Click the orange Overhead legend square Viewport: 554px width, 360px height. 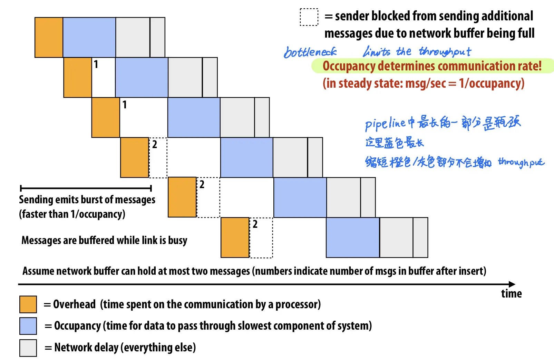pos(28,304)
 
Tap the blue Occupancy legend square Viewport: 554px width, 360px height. pos(28,326)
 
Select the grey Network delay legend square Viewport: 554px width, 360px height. pos(28,348)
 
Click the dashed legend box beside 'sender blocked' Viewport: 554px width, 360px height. pos(309,17)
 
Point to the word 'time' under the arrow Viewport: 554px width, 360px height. pos(511,294)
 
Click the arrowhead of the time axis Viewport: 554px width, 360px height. pos(512,284)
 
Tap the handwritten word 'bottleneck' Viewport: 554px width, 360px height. pos(310,52)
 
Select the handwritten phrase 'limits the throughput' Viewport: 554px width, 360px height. pos(417,52)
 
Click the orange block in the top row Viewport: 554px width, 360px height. pos(49,37)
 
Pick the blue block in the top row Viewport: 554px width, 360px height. pos(89,37)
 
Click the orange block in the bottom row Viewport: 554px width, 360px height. pos(235,237)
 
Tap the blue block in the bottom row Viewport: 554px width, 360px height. pos(353,237)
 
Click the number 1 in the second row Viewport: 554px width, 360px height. pos(96,64)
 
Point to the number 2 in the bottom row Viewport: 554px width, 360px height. pos(255,224)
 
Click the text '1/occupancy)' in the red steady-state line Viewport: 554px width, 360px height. pos(492,84)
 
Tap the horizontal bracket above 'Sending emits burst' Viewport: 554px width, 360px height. pos(86,188)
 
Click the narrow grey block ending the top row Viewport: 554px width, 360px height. pos(157,37)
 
